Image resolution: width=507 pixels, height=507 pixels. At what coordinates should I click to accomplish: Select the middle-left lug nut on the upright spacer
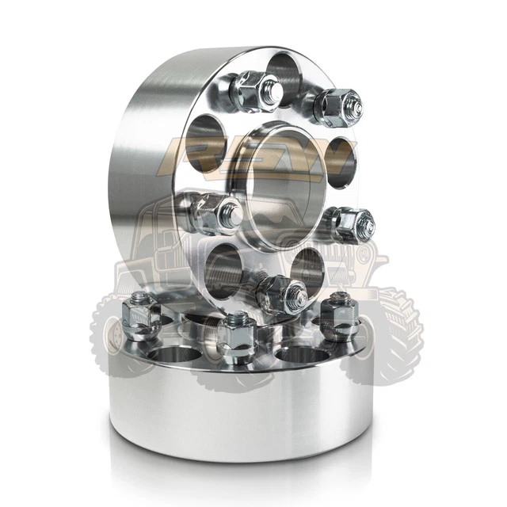click(x=215, y=212)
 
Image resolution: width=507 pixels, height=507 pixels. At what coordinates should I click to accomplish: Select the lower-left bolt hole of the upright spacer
click(x=223, y=265)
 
